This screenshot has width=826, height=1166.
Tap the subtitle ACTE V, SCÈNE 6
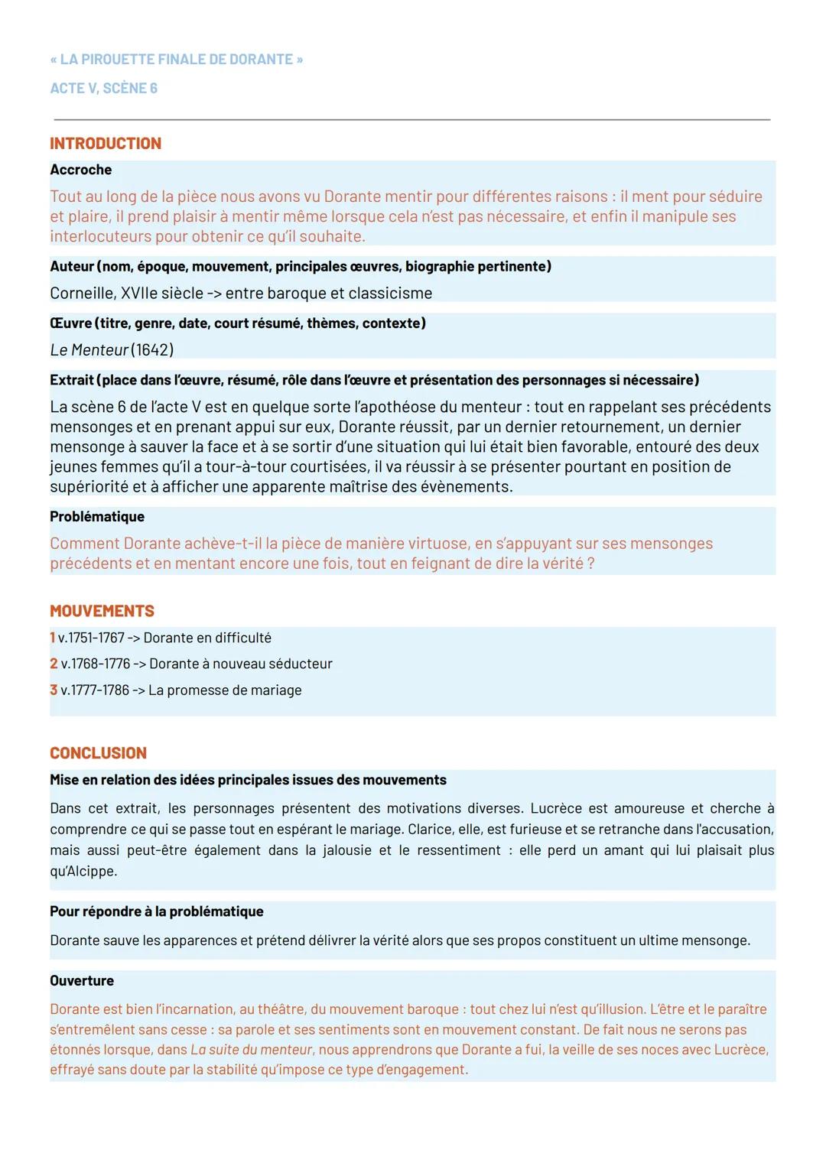(x=103, y=89)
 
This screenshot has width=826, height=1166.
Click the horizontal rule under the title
(x=411, y=119)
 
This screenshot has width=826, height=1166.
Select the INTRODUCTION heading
(x=106, y=144)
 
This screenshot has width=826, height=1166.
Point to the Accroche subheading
(x=80, y=170)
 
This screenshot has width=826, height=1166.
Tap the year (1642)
(x=152, y=350)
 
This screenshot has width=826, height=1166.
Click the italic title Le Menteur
(x=89, y=350)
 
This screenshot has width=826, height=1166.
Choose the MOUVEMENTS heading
(x=102, y=612)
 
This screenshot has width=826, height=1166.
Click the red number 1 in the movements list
(x=53, y=638)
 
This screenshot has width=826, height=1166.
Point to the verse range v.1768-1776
(x=95, y=664)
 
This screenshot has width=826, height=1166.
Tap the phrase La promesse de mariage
(x=225, y=690)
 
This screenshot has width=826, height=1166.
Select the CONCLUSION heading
(x=98, y=753)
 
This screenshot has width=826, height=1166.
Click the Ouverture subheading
(x=82, y=981)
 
